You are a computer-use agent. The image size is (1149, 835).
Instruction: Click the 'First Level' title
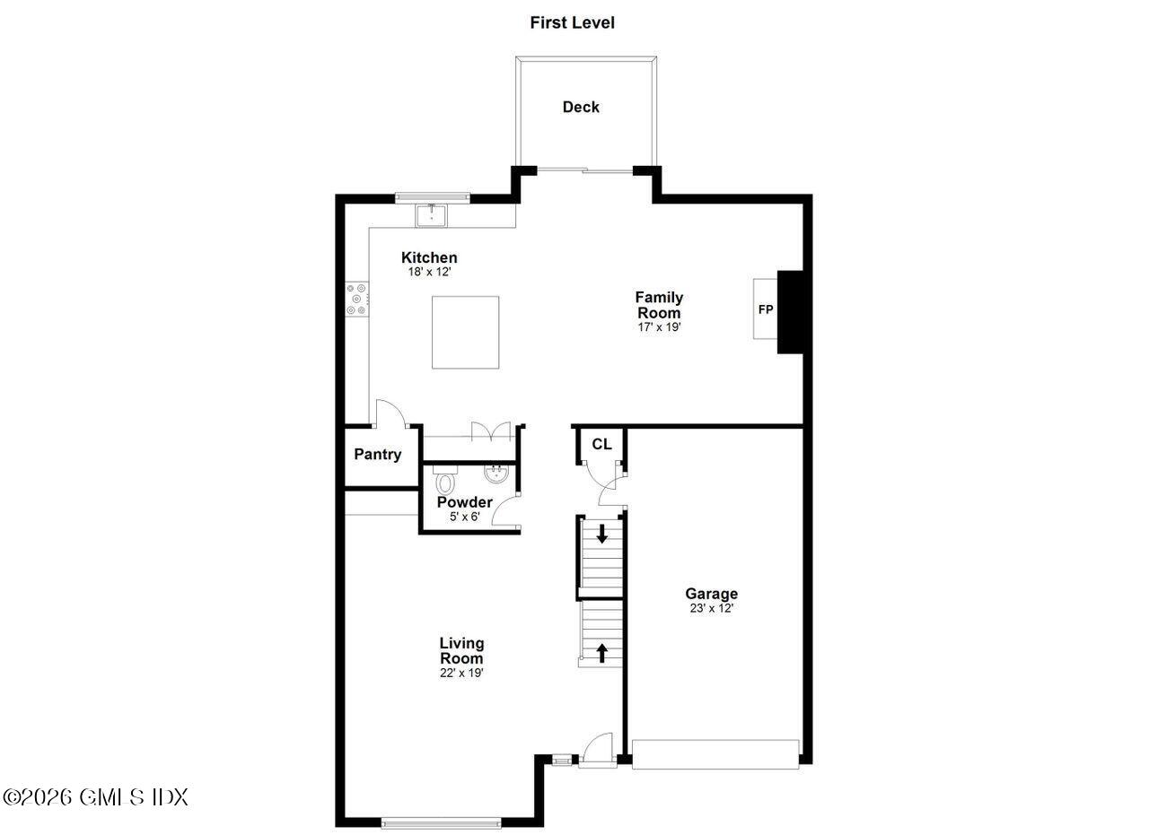(x=572, y=22)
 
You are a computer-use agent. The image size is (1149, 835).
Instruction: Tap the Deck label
(x=581, y=107)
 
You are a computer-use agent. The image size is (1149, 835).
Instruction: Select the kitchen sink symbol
(x=432, y=215)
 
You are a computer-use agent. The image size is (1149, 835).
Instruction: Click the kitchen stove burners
(x=357, y=299)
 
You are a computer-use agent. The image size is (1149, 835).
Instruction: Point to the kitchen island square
(x=465, y=332)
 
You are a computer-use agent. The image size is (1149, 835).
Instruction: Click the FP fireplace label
(x=766, y=310)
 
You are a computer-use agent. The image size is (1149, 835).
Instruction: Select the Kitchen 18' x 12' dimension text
(x=428, y=271)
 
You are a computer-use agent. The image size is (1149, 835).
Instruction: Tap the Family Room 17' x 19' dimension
(x=659, y=327)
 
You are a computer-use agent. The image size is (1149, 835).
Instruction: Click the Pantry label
(x=378, y=454)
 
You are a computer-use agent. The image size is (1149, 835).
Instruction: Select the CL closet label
(x=601, y=444)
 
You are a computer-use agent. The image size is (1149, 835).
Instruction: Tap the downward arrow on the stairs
(x=601, y=533)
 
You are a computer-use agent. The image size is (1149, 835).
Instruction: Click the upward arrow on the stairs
(x=601, y=652)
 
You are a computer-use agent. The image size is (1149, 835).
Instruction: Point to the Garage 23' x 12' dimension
(x=711, y=608)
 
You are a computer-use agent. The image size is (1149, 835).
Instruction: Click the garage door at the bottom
(x=715, y=753)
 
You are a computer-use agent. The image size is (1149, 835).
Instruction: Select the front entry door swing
(x=597, y=747)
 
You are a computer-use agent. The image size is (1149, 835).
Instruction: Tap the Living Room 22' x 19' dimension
(x=461, y=673)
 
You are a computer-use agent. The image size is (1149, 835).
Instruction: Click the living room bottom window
(x=442, y=821)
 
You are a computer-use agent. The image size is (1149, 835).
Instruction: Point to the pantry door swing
(x=390, y=413)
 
